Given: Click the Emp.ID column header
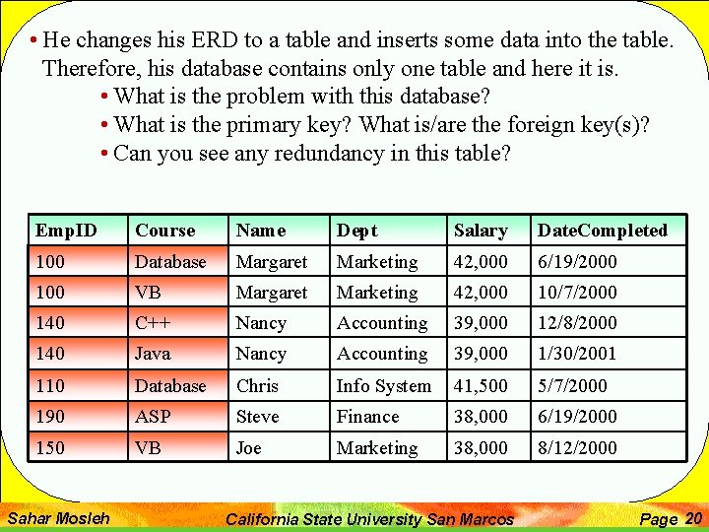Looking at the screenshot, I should click(x=66, y=231).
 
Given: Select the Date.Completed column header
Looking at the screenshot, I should click(x=602, y=231).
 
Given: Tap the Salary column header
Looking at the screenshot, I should click(x=481, y=231).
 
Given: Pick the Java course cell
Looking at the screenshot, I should click(x=153, y=354).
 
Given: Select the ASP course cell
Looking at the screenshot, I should click(x=153, y=417).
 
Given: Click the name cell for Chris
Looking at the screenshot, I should click(x=257, y=386).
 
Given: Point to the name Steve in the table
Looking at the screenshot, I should click(x=257, y=417).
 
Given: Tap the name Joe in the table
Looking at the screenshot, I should click(x=249, y=448).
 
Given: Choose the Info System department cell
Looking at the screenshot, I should click(x=384, y=386).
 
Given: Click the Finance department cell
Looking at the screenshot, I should click(x=367, y=417).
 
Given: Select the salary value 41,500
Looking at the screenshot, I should click(x=481, y=386).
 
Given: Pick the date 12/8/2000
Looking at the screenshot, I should click(x=577, y=323).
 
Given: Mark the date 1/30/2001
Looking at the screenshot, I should click(x=577, y=354).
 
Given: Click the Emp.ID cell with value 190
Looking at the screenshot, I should click(x=49, y=417).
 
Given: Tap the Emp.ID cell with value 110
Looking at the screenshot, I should click(x=49, y=386).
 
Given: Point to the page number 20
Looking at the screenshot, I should click(x=693, y=518).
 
